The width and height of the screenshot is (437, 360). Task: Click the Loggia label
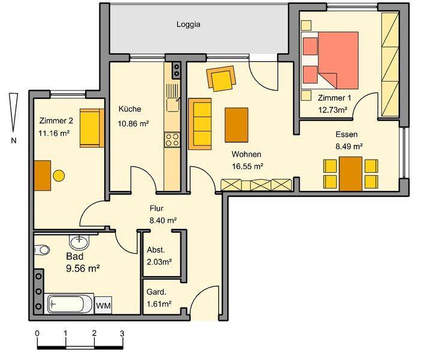click(x=188, y=25)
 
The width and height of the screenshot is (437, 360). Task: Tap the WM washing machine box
click(x=103, y=305)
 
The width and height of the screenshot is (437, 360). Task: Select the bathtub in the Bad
click(x=70, y=304)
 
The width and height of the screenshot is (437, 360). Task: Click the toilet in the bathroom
click(x=41, y=250)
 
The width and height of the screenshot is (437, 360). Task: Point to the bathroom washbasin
click(x=79, y=242)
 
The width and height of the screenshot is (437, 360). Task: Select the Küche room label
click(x=129, y=109)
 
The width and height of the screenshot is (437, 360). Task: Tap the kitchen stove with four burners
click(x=173, y=140)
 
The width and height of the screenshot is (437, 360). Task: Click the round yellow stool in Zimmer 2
click(x=59, y=176)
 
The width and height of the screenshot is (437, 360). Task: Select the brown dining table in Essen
click(x=351, y=173)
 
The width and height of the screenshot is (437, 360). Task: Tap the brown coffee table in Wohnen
click(x=236, y=124)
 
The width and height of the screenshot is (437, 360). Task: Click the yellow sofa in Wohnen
click(x=200, y=124)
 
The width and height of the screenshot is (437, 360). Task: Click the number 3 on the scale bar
click(x=122, y=333)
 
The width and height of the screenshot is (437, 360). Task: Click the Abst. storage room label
click(x=156, y=250)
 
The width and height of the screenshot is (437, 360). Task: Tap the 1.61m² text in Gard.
click(x=159, y=304)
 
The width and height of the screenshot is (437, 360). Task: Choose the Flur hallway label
click(x=156, y=209)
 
